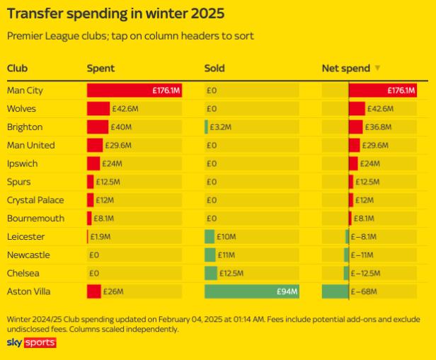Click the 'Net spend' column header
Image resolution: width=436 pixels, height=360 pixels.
346,69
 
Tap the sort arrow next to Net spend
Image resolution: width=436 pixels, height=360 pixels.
378,69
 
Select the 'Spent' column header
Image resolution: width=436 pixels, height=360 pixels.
101,69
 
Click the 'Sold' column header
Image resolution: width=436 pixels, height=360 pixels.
214,69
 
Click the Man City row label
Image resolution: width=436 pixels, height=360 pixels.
24,91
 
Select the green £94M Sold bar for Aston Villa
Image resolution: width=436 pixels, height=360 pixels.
251,291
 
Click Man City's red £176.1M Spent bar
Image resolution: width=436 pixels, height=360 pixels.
134,91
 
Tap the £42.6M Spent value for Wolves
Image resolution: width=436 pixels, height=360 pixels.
125,109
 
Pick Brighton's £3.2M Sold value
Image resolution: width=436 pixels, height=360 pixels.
220,127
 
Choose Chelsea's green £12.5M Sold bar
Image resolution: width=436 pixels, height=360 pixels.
211,273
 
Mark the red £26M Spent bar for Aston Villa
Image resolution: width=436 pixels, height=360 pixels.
94,291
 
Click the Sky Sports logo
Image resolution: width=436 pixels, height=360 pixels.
31,343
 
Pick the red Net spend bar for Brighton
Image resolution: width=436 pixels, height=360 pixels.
356,127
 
